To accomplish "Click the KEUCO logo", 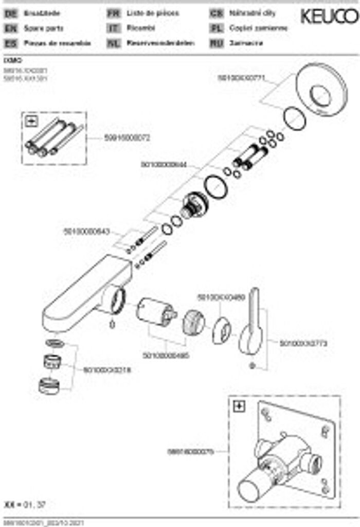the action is point(329,16).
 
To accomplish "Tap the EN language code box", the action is point(10,29).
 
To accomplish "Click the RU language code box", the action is point(216,44).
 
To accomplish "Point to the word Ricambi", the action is point(137,29).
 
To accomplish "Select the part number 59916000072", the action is point(127,137).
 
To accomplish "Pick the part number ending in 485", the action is point(166,355).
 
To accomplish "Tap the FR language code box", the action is point(113,14).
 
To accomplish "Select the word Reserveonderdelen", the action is point(160,44).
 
